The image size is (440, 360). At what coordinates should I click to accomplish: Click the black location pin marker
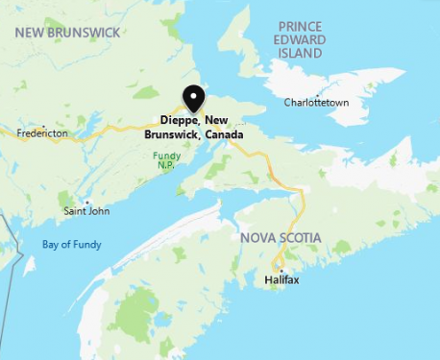point(194,99)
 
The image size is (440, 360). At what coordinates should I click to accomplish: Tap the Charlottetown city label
point(316,103)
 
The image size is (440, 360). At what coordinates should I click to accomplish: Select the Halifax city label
point(281,279)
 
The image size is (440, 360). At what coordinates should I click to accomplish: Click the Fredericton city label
point(42,132)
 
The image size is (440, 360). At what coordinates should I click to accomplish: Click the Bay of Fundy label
point(71,245)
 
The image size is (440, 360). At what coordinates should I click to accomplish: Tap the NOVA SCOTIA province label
point(281,237)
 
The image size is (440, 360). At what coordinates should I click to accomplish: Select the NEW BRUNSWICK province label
point(67,33)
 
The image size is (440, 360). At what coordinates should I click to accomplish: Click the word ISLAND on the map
point(301,53)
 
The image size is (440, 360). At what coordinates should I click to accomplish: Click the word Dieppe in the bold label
point(179,121)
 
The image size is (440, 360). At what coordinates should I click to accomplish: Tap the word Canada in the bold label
point(223,135)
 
